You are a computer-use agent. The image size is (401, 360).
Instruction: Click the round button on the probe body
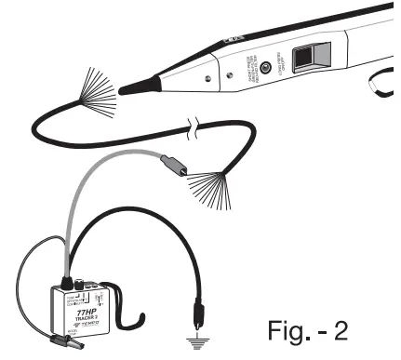267,67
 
